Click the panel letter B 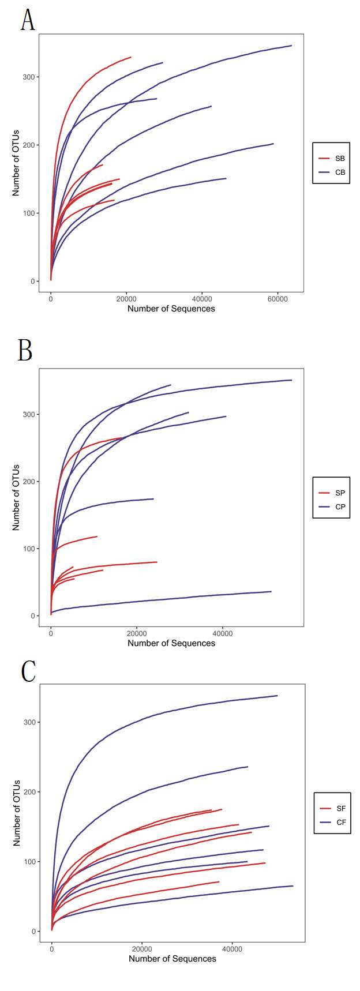[x=25, y=350]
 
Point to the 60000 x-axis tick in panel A [x=277, y=298]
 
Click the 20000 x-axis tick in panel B [x=137, y=633]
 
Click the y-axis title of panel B [x=16, y=497]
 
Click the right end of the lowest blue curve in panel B [x=271, y=591]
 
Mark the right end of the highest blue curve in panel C [x=277, y=696]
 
